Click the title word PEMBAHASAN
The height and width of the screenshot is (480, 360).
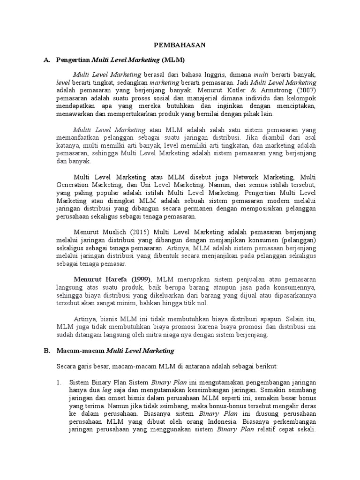coord(180,45)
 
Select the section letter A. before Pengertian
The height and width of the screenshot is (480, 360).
coord(46,60)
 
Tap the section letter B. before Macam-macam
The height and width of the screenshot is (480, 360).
coord(46,350)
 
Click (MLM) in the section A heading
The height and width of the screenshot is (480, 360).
coord(173,60)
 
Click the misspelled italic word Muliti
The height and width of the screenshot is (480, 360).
coord(82,130)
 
